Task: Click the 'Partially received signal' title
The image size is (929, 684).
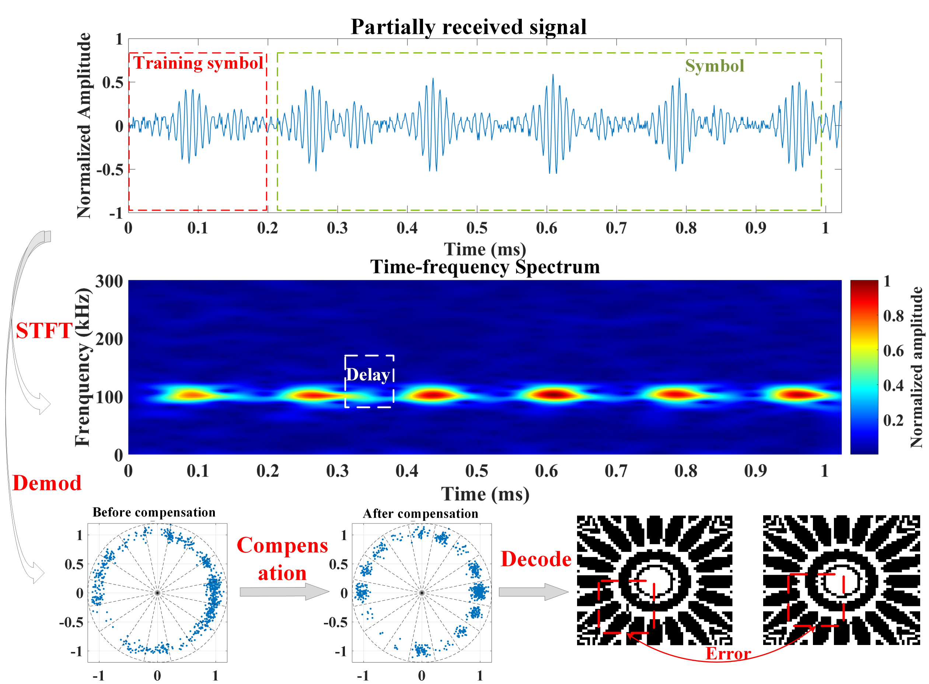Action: [x=468, y=27]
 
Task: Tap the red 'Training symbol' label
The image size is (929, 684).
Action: [x=198, y=63]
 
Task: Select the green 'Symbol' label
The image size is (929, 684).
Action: [x=715, y=66]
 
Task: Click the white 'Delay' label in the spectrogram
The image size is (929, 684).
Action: [x=368, y=375]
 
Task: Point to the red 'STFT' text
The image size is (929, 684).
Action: [x=44, y=331]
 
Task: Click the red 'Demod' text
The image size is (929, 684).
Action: [x=47, y=483]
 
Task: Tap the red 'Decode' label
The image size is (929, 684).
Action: [x=536, y=559]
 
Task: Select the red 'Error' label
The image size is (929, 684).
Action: [x=728, y=653]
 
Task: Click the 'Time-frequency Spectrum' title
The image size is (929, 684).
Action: [x=485, y=267]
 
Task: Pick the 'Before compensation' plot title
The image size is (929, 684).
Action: [x=154, y=512]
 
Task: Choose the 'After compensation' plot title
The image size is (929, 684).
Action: [x=420, y=514]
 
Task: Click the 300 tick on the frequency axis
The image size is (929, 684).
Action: [x=109, y=282]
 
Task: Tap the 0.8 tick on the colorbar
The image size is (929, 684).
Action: [x=893, y=316]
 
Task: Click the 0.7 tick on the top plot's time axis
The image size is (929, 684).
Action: [x=616, y=228]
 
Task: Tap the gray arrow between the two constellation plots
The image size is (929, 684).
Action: [x=284, y=592]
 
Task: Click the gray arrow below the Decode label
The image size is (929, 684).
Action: [x=534, y=592]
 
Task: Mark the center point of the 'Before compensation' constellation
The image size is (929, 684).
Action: [x=157, y=593]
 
